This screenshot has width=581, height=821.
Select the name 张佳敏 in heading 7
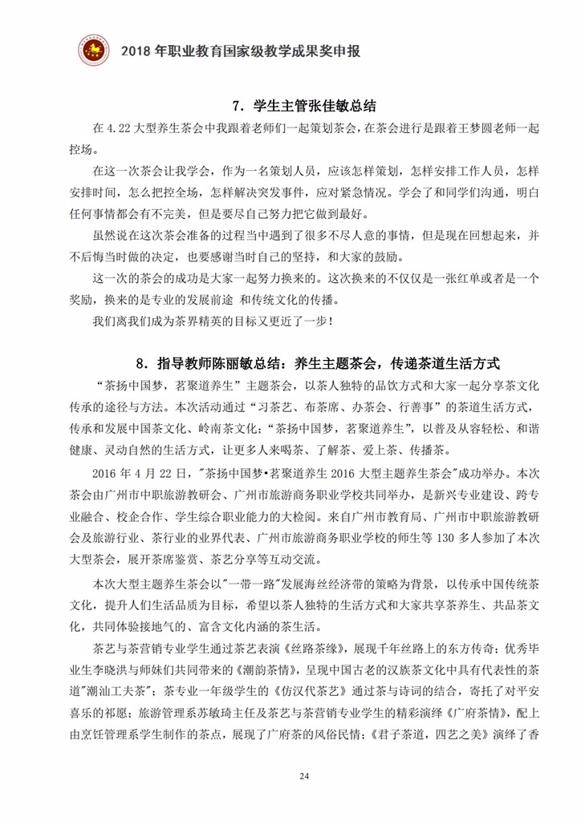pyautogui.click(x=328, y=105)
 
